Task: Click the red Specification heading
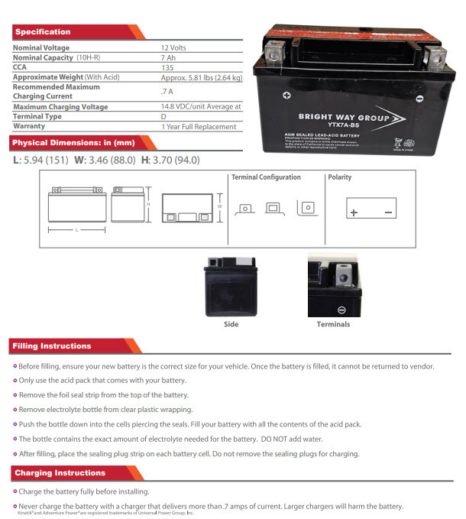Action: (x=43, y=32)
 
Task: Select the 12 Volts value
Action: (x=175, y=48)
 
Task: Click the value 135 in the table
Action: (x=167, y=68)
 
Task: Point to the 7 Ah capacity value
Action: (x=168, y=58)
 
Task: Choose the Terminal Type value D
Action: (x=163, y=117)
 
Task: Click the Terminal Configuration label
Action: (x=266, y=177)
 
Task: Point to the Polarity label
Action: (x=340, y=177)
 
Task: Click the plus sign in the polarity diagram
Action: (x=353, y=212)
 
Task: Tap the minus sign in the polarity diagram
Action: (x=388, y=212)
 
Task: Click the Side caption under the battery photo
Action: (x=231, y=324)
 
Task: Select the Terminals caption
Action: (x=333, y=324)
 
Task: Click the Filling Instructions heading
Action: (x=52, y=346)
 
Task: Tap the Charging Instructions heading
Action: (x=60, y=473)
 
